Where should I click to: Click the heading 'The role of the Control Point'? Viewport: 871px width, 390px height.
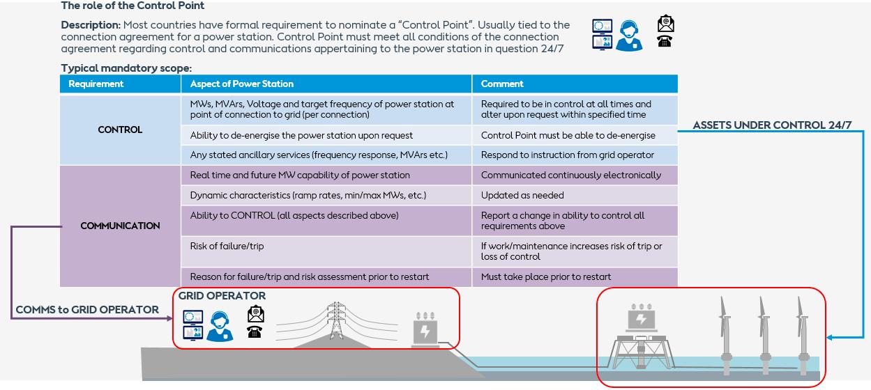pos(132,6)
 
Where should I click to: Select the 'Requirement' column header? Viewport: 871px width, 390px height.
pos(96,84)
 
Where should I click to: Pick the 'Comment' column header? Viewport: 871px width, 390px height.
pos(502,84)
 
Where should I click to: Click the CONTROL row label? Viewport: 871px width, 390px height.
pos(120,130)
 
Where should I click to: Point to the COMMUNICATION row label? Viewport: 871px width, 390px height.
pos(120,226)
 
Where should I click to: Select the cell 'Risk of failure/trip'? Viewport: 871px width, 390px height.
pos(227,246)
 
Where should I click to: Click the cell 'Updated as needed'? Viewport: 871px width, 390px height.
pos(522,196)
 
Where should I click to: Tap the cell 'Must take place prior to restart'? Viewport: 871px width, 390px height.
pos(546,276)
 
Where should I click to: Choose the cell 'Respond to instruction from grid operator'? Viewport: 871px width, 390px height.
pos(568,155)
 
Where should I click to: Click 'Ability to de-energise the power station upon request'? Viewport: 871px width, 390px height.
pos(301,135)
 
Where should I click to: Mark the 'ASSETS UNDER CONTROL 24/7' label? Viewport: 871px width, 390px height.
pos(772,125)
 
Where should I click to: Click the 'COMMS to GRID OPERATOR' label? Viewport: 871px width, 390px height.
pos(87,309)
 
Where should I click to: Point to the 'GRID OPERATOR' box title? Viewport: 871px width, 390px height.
pos(222,296)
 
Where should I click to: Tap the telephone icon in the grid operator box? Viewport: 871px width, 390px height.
pos(255,331)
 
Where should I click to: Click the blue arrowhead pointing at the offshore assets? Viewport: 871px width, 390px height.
pos(829,338)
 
